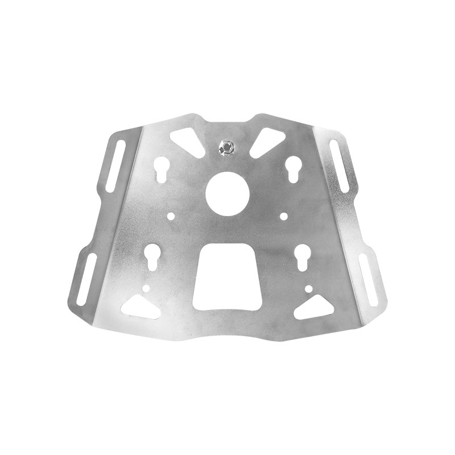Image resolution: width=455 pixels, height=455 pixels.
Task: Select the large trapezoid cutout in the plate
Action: [226, 276]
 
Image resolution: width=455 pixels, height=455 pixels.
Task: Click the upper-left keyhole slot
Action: [160, 168]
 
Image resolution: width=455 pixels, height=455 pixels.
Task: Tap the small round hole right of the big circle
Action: [284, 216]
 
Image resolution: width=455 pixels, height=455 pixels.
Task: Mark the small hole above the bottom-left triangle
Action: [146, 288]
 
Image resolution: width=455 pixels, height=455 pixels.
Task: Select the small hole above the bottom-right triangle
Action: [308, 289]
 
